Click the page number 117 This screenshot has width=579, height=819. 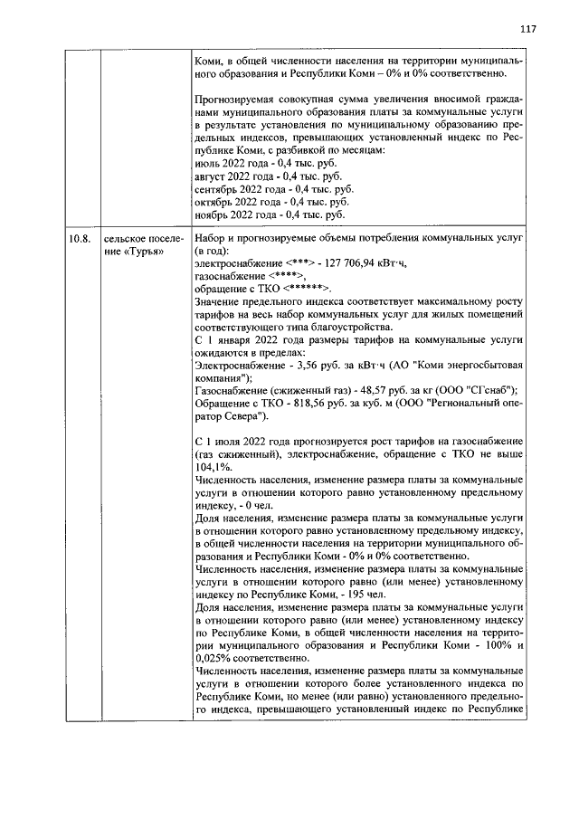pos(528,29)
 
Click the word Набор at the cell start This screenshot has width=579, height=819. pos(213,240)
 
